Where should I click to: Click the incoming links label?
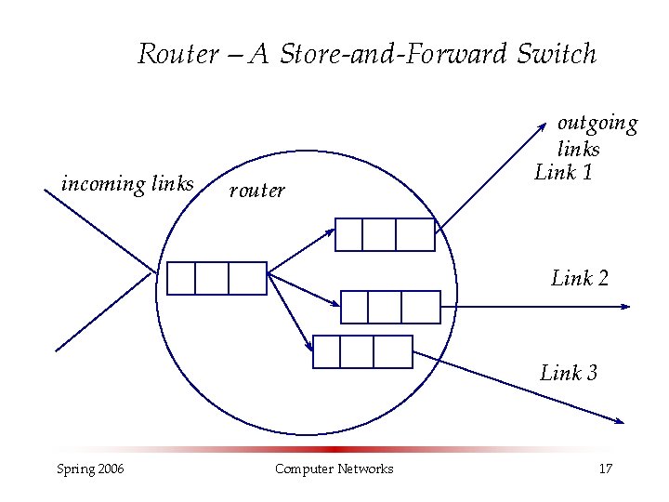(x=127, y=184)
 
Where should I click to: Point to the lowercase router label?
(x=256, y=191)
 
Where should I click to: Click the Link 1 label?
(x=564, y=172)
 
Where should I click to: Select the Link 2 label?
(x=580, y=278)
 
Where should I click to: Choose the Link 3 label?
(x=569, y=374)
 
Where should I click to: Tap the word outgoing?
(x=597, y=124)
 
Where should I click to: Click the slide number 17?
(x=606, y=469)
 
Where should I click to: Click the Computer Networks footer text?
(x=334, y=469)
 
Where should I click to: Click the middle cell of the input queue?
(x=212, y=278)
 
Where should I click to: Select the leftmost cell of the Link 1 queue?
(x=348, y=234)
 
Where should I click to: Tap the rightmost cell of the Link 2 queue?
(x=421, y=307)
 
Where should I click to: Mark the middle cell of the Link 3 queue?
(x=357, y=351)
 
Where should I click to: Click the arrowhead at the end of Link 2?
(x=627, y=307)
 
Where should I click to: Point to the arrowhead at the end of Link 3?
(x=620, y=421)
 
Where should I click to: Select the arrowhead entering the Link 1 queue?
(x=331, y=228)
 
